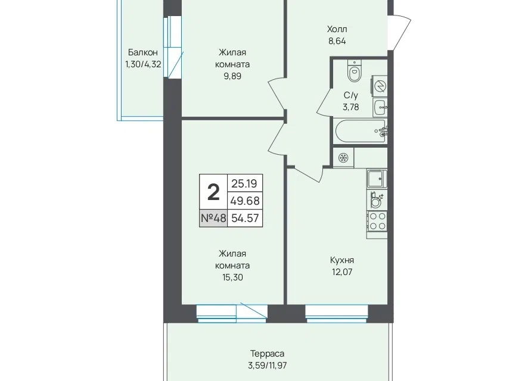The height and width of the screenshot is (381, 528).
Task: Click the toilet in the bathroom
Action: pos(354,71)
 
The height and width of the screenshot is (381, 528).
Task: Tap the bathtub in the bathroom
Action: pos(361,131)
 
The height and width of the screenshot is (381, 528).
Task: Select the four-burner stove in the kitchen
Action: pos(377,221)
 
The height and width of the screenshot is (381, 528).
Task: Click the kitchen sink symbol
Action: pos(377,179)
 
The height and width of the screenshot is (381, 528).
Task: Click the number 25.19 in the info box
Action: pos(244,183)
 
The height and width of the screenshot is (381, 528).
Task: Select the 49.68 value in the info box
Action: pos(245,201)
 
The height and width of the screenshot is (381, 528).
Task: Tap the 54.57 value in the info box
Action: pos(245,218)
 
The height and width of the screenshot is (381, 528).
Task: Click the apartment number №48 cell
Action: pos(213,218)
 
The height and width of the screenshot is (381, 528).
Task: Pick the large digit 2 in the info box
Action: pos(213,192)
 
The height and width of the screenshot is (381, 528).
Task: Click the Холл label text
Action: pos(337,29)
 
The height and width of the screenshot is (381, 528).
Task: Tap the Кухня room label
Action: pos(342,260)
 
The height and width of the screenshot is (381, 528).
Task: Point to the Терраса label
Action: pos(268,354)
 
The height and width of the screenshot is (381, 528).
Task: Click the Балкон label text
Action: pos(143,52)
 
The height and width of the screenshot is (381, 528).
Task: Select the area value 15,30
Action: pos(232,277)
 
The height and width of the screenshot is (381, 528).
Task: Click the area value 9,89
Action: pos(232,76)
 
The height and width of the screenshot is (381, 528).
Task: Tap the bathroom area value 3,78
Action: pos(351,107)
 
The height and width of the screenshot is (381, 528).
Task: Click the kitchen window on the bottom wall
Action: pos(336,314)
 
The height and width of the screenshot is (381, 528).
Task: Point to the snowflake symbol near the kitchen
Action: pos(343,158)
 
